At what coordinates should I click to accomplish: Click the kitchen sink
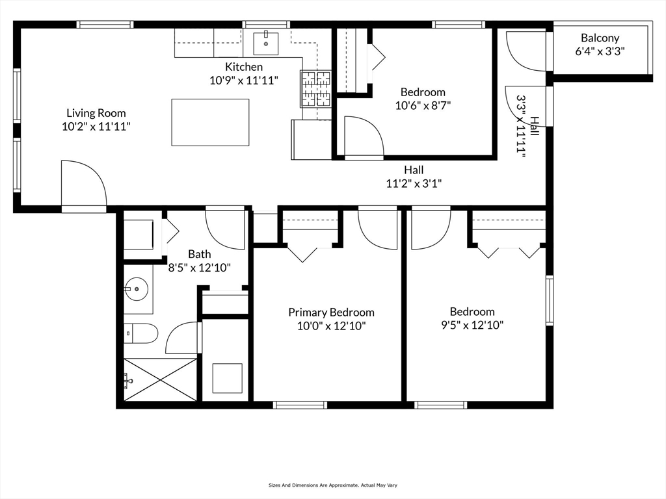(x=266, y=43)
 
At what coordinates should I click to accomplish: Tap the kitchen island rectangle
(x=210, y=122)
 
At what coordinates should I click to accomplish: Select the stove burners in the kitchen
(x=315, y=88)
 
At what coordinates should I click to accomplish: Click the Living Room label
(x=96, y=113)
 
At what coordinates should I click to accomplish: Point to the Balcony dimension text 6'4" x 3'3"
(x=600, y=51)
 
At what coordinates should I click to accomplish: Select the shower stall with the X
(x=160, y=379)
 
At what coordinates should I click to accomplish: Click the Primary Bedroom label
(x=331, y=313)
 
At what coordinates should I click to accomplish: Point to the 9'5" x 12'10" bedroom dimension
(x=472, y=325)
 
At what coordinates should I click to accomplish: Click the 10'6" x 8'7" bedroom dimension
(x=423, y=105)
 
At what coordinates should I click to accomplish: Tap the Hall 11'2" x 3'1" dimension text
(x=414, y=183)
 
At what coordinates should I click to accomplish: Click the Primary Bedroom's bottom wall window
(x=300, y=405)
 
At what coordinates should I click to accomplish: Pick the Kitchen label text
(x=244, y=67)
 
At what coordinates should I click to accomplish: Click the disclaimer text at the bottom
(x=332, y=485)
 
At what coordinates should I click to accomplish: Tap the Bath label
(x=199, y=254)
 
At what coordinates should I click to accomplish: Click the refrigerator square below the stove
(x=312, y=139)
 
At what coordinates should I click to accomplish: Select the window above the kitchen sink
(x=266, y=25)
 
